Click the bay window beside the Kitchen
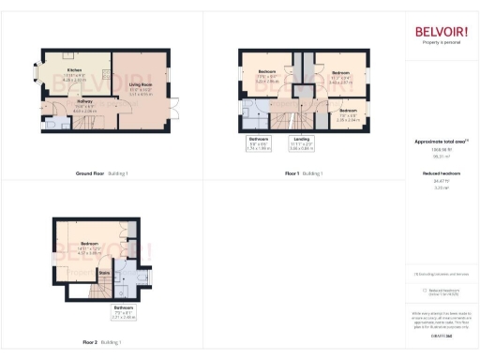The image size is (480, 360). tap(36, 71)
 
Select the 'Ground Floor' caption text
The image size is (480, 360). tap(90, 174)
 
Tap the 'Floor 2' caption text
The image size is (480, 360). tap(90, 343)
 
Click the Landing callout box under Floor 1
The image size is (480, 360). tap(302, 142)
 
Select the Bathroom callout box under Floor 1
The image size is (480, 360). tap(258, 142)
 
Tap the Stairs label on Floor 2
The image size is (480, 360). tap(118, 274)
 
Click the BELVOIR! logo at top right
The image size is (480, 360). tap(441, 33)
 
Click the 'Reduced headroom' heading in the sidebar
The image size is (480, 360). tap(441, 173)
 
